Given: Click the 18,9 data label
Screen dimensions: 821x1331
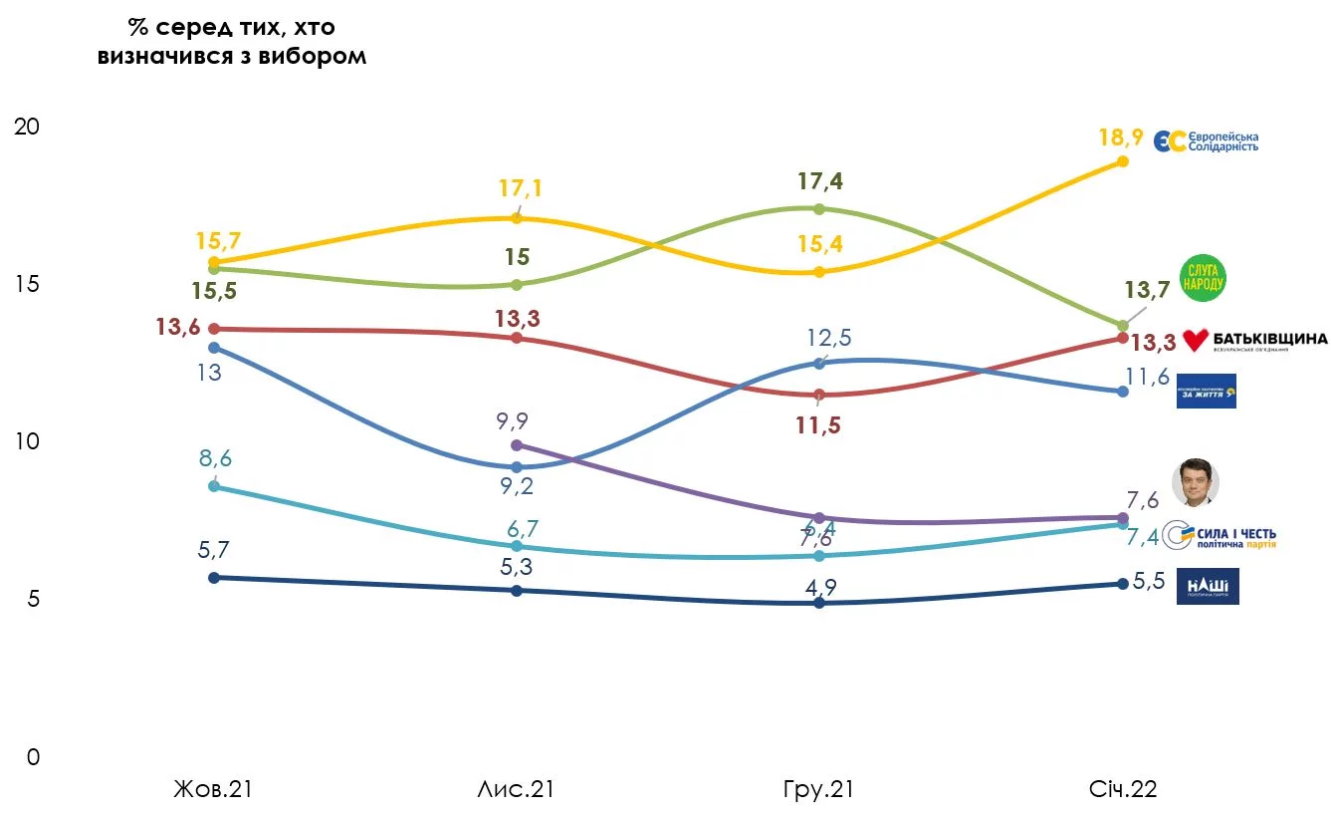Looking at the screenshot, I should click(1122, 137).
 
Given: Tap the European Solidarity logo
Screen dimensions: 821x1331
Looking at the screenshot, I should click(1206, 141).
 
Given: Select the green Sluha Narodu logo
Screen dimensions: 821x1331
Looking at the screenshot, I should click(1202, 278).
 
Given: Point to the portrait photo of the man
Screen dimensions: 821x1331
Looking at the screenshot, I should click(1195, 483).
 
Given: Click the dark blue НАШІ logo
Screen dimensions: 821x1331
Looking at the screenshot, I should click(1207, 586).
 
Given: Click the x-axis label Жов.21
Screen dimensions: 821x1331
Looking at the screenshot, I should click(213, 790).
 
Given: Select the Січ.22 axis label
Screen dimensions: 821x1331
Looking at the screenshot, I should click(1122, 790).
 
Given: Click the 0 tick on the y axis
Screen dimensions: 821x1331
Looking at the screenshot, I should click(33, 757).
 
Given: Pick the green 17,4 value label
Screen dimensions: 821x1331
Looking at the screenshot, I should click(819, 181).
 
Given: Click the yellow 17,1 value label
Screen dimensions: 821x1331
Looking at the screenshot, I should click(522, 188).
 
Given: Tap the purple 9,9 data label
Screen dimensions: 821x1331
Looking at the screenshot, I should click(515, 419).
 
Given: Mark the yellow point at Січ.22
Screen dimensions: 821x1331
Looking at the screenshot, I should click(1122, 161).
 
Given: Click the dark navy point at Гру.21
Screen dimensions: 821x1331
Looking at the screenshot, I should click(819, 603).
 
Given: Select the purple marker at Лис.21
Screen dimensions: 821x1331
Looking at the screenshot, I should click(516, 444).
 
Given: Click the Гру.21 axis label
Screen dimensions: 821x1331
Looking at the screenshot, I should click(817, 790).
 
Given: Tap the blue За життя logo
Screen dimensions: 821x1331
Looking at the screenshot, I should click(1206, 392).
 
